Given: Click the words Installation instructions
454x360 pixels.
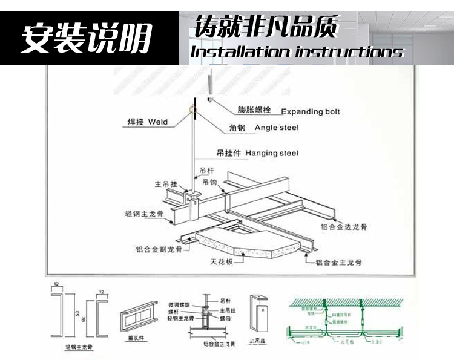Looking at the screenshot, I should [297, 52].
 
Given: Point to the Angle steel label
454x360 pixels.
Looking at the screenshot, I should [277, 128].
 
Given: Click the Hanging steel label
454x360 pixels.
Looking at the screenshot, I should [272, 153].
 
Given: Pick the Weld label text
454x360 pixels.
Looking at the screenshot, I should [157, 122].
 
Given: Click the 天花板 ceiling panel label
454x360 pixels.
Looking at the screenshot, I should [222, 262].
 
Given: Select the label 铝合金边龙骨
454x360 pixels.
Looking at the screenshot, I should [344, 227].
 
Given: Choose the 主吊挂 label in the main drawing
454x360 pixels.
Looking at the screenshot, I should [165, 183].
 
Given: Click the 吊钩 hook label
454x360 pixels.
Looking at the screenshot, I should [209, 182].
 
